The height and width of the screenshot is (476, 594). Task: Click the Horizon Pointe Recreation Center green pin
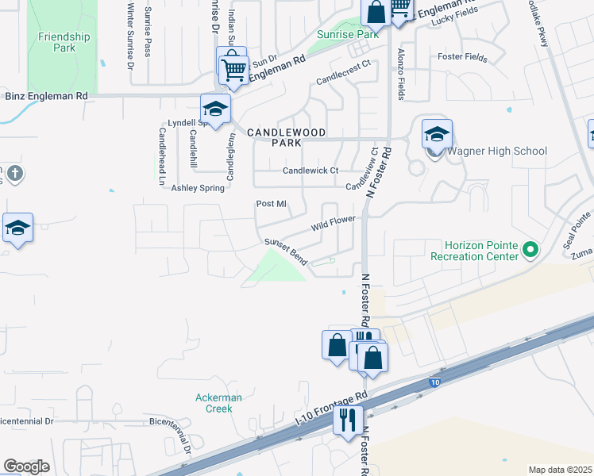pos(530,251)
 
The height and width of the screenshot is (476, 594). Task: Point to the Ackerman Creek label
pos(214,403)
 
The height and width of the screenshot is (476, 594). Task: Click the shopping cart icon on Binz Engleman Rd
pos(233,68)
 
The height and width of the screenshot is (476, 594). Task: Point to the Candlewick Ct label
pos(310,171)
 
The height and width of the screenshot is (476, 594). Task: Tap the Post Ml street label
pos(271,204)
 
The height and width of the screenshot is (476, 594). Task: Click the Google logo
pos(26,466)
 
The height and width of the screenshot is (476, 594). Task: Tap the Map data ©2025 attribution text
pos(561,470)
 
